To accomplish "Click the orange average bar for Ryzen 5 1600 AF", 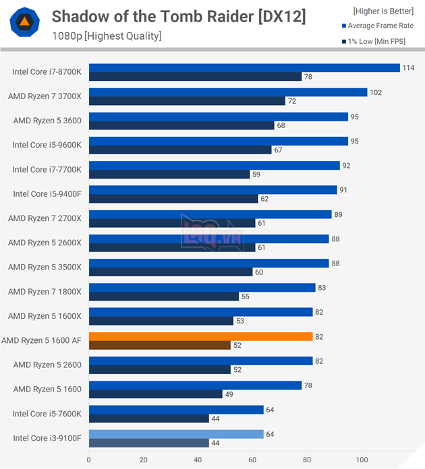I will pos(200,336).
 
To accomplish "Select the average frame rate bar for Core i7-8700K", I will pos(244,68).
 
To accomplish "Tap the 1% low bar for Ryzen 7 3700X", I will pos(187,101).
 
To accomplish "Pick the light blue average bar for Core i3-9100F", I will pos(176,434).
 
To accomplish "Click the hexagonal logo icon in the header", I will pos(24,23).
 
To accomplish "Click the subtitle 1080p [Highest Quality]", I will pos(107,36).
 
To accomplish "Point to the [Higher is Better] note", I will pos(383,11).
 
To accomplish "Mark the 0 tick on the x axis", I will pos(89,460).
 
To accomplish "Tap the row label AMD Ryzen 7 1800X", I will pos(45,292).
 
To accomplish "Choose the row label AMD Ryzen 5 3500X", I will pos(45,267).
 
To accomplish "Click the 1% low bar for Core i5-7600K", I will pos(149,418).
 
